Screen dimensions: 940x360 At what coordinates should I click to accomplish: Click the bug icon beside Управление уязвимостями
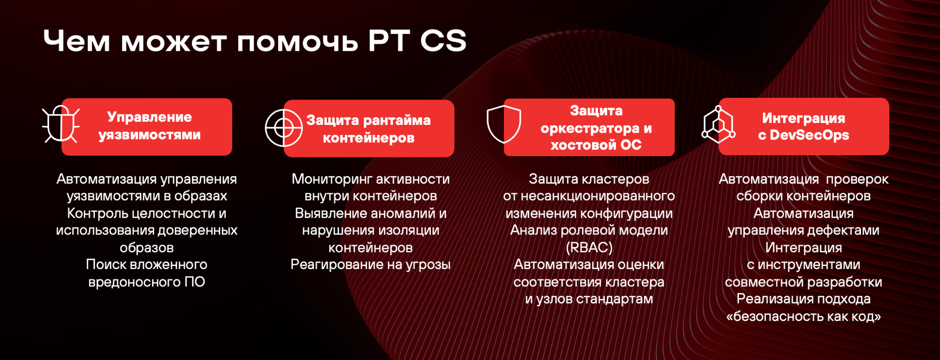61,124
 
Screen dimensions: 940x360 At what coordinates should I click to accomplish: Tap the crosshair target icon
284,128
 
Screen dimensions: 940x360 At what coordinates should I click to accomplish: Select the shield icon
504,124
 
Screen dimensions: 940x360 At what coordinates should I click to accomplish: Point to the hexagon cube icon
718,124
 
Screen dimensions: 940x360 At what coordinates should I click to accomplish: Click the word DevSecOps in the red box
809,135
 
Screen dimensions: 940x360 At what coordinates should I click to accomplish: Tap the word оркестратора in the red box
590,129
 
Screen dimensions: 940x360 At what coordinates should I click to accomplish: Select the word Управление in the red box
150,117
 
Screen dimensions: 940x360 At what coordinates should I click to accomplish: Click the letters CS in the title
443,40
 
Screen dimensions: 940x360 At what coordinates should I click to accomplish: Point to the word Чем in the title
77,41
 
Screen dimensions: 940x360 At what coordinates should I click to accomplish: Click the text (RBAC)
589,247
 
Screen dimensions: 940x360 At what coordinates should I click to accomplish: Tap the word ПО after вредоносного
195,281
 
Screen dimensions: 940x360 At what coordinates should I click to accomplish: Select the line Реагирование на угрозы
370,265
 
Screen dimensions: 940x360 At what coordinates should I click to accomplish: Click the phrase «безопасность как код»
803,316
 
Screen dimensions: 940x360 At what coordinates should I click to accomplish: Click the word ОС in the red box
631,145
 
